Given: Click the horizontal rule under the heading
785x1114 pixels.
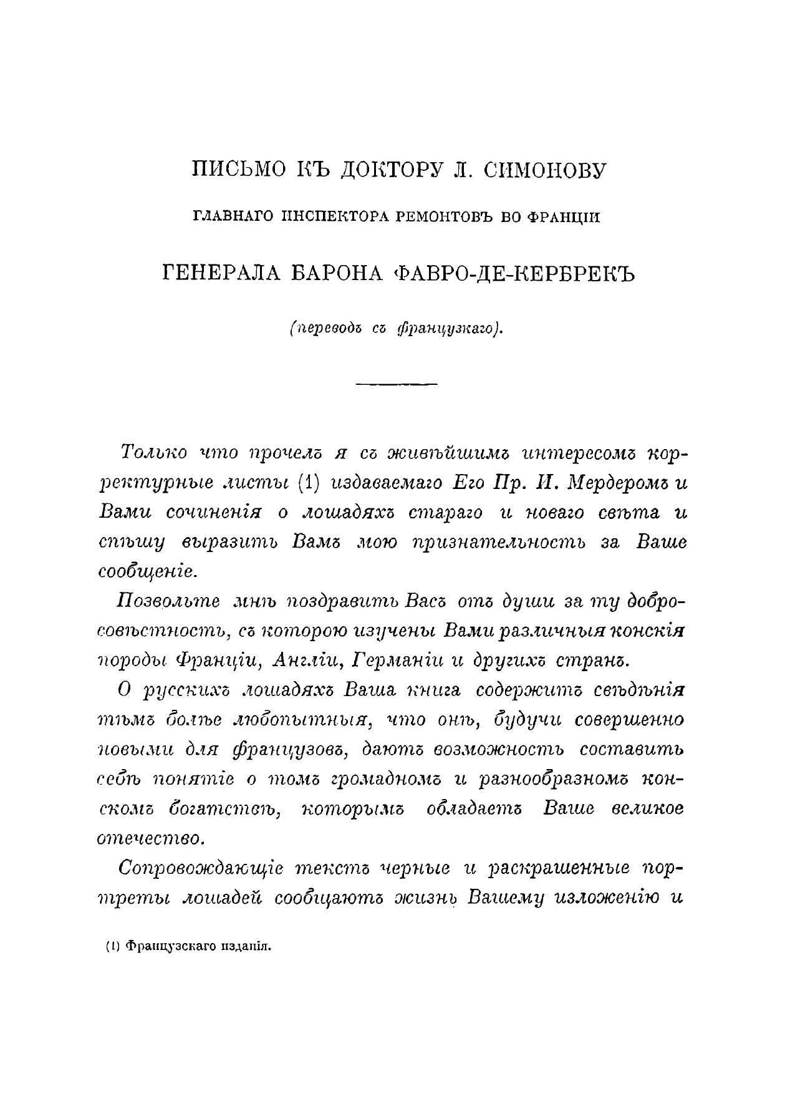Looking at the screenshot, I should [x=396, y=383].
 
